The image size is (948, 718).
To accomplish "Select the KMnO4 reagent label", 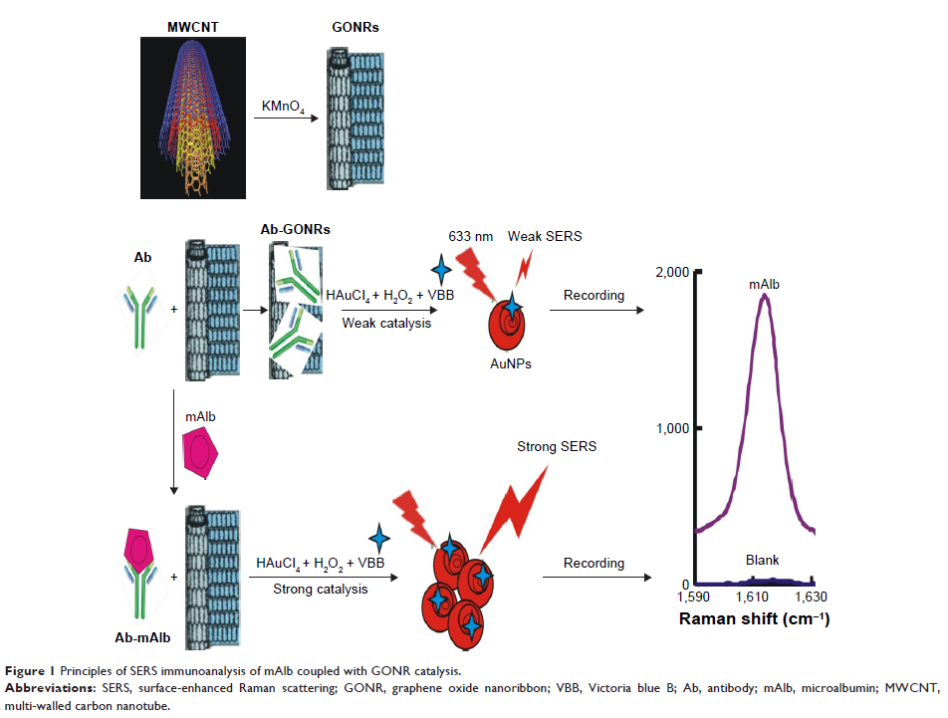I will tap(279, 105).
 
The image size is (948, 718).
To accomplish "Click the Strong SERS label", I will tap(557, 446).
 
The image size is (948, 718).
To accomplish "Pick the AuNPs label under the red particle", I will tap(511, 363).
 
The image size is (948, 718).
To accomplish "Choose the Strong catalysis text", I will tap(321, 589).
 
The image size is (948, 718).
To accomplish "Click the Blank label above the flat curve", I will tap(764, 561).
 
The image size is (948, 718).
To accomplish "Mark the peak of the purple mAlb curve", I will tap(764, 295).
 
